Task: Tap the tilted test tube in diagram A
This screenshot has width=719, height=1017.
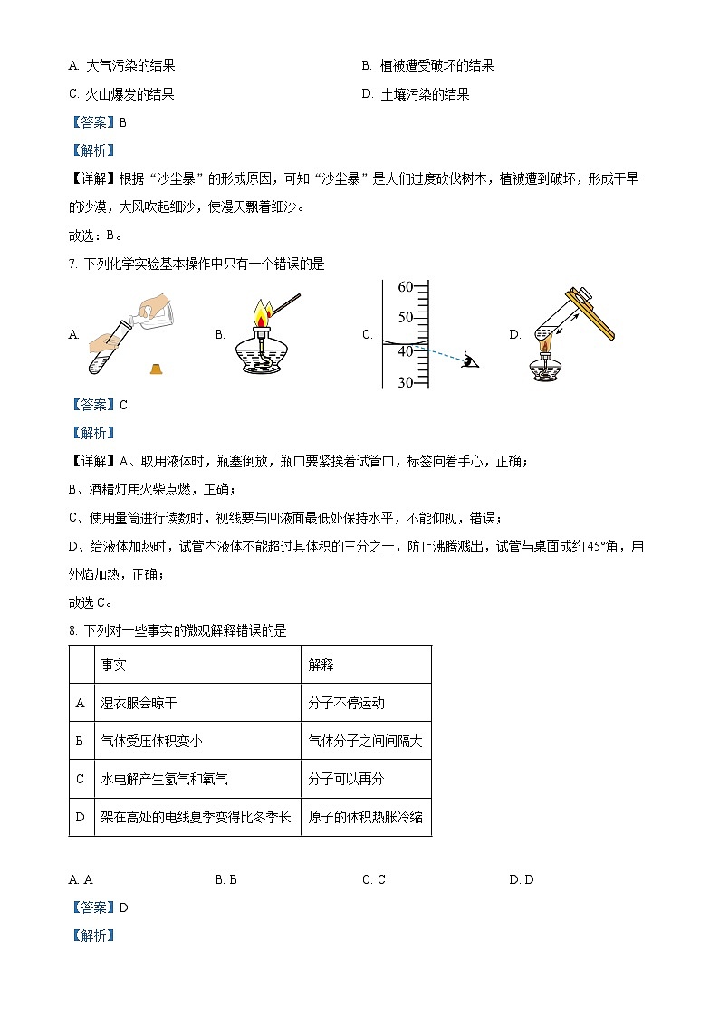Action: (107, 348)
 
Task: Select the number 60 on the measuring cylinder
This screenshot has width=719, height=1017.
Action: (405, 287)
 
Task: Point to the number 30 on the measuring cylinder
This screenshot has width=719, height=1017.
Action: (405, 383)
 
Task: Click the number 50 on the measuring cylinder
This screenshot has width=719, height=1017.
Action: (405, 317)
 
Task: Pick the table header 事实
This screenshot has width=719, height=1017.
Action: (114, 665)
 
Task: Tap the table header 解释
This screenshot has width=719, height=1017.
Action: (321, 665)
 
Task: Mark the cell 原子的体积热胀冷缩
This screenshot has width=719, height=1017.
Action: (365, 817)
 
